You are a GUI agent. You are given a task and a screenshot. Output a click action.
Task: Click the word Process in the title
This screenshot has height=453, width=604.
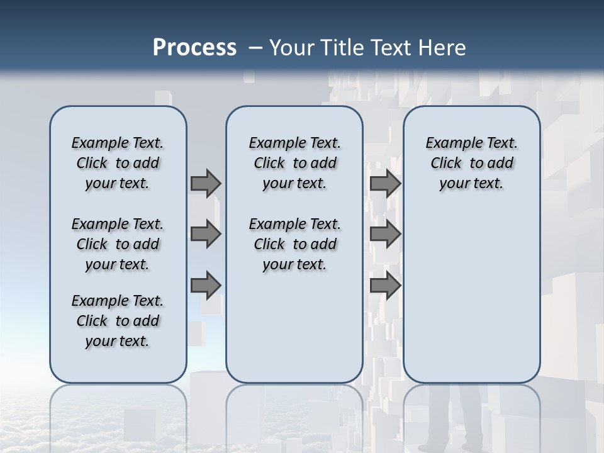coord(194,47)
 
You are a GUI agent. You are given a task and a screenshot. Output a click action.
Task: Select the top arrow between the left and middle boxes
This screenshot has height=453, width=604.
coord(206,183)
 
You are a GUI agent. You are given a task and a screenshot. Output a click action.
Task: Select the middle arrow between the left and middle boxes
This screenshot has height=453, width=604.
coord(206,234)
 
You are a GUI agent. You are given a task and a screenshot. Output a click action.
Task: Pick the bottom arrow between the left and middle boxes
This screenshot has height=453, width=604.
coord(206,285)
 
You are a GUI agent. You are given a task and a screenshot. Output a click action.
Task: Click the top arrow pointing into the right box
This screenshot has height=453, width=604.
coord(385,183)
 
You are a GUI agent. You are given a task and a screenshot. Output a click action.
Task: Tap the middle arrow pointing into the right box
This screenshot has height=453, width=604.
coord(385,234)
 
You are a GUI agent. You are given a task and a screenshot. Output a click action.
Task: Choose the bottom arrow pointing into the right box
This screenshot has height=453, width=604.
coord(385,285)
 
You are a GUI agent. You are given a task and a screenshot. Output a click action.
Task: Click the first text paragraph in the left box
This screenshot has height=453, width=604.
coord(118,163)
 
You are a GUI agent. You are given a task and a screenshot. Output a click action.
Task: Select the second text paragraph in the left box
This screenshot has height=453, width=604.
coord(118,244)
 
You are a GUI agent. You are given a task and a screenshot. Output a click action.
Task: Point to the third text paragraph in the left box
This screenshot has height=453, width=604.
coord(118,321)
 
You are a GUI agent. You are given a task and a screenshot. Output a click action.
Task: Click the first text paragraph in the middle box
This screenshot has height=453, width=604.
coord(294,163)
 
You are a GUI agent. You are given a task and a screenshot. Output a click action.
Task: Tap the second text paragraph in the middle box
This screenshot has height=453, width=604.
coord(294,244)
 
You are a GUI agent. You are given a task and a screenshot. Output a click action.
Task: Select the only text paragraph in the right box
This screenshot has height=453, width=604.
coord(471,163)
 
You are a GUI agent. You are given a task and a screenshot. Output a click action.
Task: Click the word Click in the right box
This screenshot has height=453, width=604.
coord(446,163)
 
